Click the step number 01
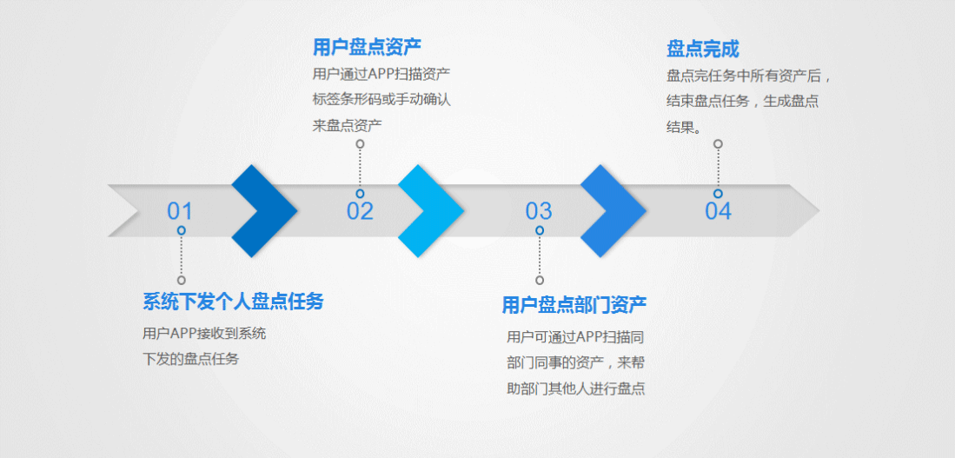click(x=180, y=211)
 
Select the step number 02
click(x=360, y=211)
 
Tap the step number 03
click(x=539, y=211)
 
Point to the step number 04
click(x=718, y=211)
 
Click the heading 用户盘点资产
click(x=367, y=46)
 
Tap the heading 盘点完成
click(x=703, y=49)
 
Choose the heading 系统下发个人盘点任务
click(x=233, y=302)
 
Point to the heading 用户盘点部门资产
click(x=574, y=305)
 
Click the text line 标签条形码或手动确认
click(x=381, y=99)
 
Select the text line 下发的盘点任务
click(x=190, y=358)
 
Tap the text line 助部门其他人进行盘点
click(x=575, y=388)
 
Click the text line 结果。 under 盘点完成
click(x=684, y=126)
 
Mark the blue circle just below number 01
click(x=182, y=230)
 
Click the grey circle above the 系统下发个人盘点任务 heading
click(x=182, y=280)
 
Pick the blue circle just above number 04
click(x=718, y=194)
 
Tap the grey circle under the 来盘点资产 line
click(x=360, y=144)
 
